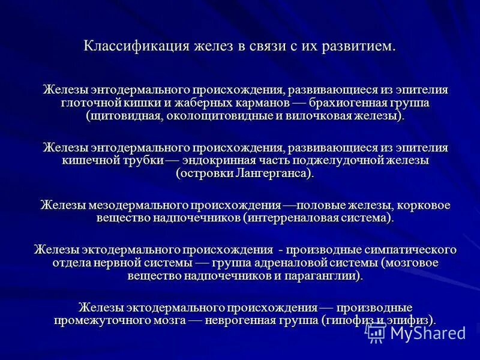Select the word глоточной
pyautogui.click(x=89, y=103)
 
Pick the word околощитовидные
pyautogui.click(x=217, y=116)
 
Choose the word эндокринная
pyautogui.click(x=227, y=161)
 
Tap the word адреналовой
pyautogui.click(x=299, y=262)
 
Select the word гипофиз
pyautogui.click(x=346, y=320)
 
